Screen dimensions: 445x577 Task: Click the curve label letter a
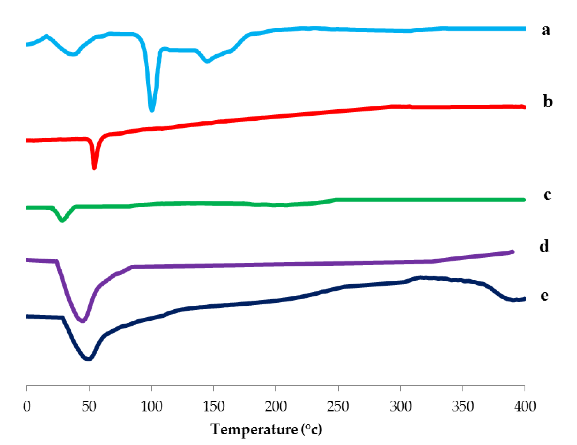click(546, 30)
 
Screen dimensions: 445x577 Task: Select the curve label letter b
click(548, 102)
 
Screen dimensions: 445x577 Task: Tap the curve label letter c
click(547, 195)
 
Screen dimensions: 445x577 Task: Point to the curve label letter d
click(544, 246)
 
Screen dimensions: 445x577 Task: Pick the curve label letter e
click(545, 295)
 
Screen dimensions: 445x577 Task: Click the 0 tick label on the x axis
click(27, 406)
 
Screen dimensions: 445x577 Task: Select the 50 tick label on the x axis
click(89, 406)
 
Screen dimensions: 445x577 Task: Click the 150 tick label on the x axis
click(214, 406)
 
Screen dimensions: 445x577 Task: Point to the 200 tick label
click(276, 406)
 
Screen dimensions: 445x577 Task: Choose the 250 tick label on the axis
click(338, 406)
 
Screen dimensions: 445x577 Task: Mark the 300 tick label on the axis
click(401, 406)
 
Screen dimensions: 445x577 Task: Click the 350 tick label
click(463, 406)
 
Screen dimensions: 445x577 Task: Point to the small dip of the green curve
click(62, 220)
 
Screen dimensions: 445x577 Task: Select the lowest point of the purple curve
click(83, 321)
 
